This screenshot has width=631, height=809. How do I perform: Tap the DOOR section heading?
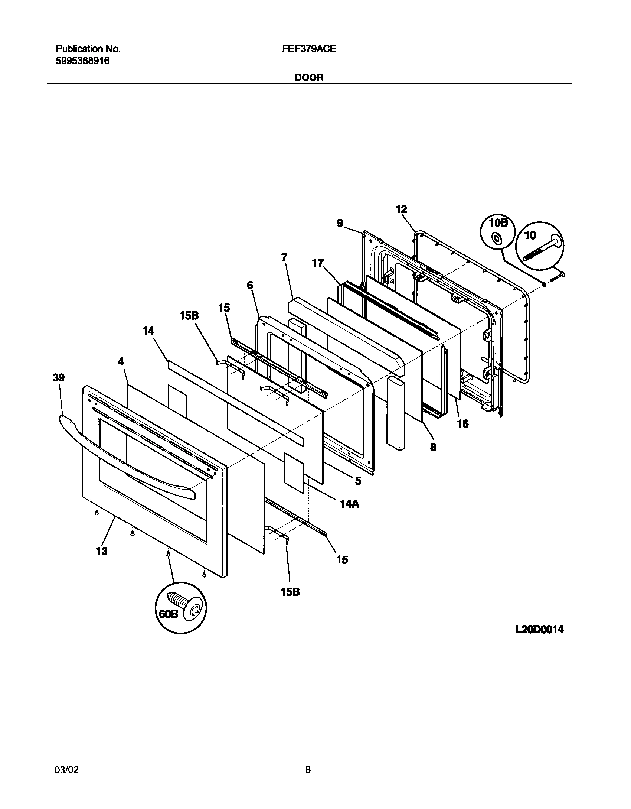(x=309, y=78)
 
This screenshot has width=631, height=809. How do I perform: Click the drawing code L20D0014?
(x=539, y=630)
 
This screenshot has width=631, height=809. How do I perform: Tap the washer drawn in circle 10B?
(x=496, y=239)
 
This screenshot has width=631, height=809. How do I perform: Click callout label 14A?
(x=349, y=504)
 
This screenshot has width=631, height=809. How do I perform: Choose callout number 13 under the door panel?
(x=102, y=551)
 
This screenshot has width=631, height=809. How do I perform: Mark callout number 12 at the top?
(x=401, y=209)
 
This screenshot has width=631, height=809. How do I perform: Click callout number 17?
(x=318, y=264)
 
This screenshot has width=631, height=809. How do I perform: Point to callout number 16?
(x=463, y=423)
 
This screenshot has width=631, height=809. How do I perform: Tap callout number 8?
(x=433, y=447)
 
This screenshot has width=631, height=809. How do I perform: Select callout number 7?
(x=284, y=257)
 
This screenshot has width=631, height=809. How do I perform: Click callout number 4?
(x=121, y=361)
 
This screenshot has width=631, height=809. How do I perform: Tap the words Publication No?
(x=88, y=49)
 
